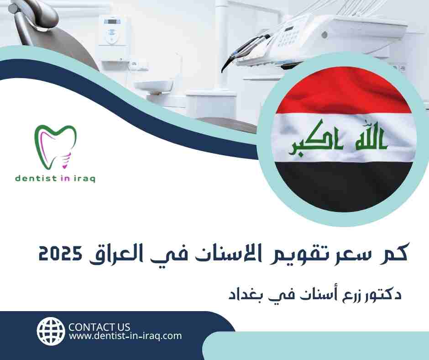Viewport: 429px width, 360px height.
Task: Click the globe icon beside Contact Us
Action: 51,331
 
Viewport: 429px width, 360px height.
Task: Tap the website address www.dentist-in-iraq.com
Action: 126,336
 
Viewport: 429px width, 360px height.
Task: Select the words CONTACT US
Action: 99,327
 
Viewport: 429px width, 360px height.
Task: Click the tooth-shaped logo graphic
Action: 56,147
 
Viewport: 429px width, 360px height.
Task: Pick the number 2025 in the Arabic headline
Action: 60,254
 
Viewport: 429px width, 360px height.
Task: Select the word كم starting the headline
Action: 394,252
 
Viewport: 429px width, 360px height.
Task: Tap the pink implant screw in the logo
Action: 66,160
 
